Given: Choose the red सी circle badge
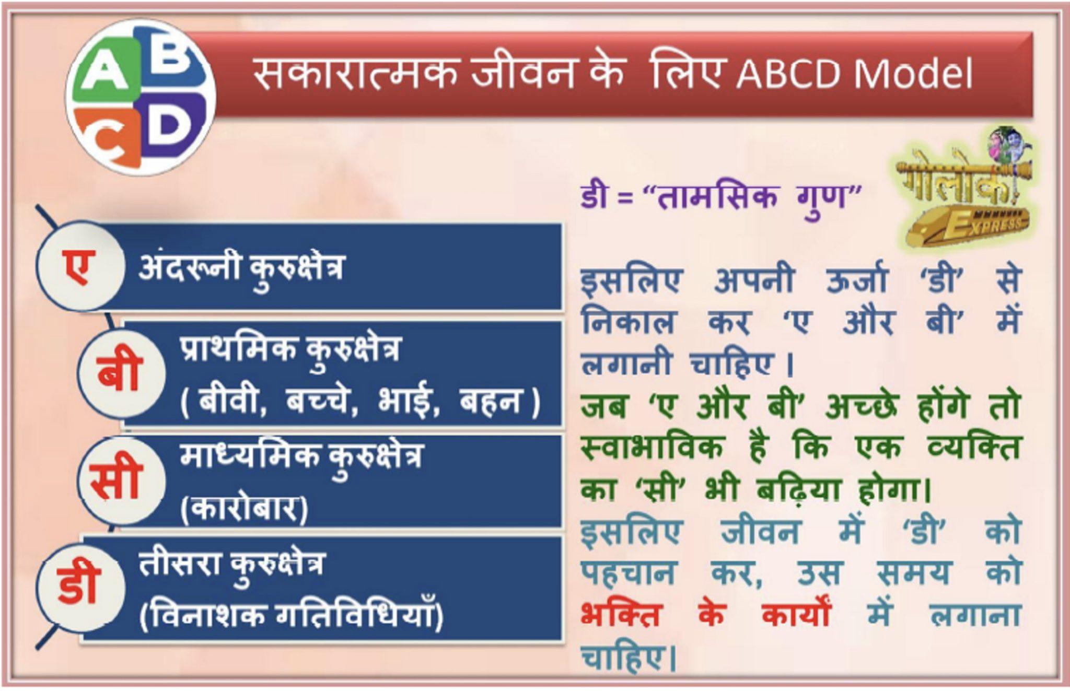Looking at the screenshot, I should [x=116, y=479].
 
